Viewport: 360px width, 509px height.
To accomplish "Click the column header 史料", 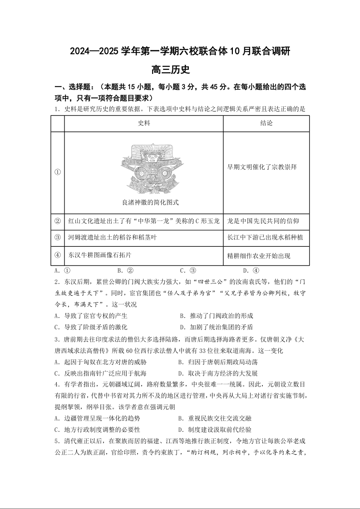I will click(144, 123).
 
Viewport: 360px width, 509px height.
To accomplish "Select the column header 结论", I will click(266, 123).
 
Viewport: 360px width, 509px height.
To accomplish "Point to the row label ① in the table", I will click(58, 172).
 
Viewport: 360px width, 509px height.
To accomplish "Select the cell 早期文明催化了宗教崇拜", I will click(262, 166).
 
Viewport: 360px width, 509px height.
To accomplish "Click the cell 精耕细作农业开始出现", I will click(259, 255).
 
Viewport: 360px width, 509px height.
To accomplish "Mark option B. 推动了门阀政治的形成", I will click(217, 316).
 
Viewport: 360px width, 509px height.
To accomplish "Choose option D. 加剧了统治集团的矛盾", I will click(217, 327).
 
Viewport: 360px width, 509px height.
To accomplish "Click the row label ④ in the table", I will click(58, 255).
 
